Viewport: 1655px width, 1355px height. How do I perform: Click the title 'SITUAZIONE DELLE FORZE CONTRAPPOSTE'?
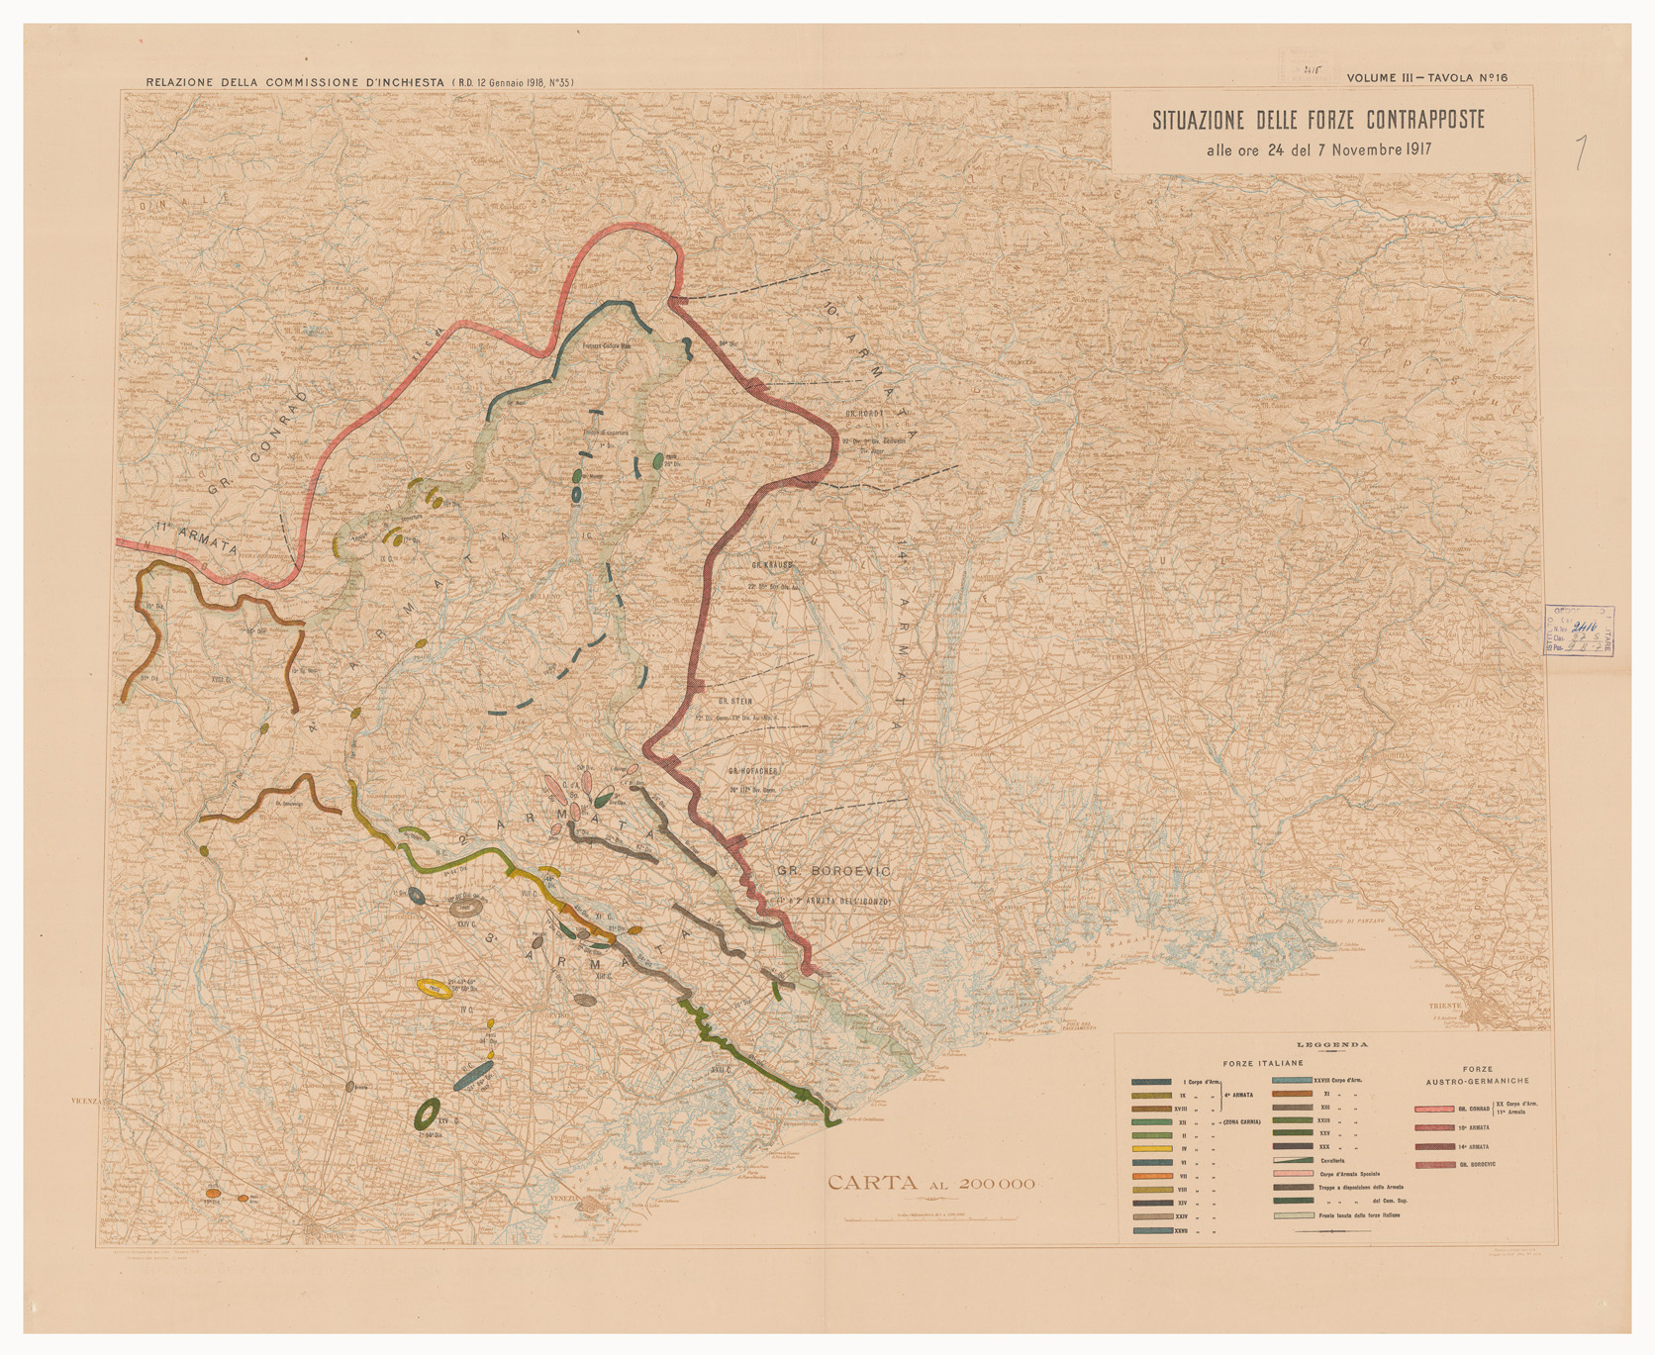point(1317,120)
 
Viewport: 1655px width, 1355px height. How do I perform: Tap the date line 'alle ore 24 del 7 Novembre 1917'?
point(1317,150)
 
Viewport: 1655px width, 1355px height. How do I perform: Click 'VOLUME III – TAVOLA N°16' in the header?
point(1426,78)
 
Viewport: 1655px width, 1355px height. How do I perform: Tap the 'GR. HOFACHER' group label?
point(755,770)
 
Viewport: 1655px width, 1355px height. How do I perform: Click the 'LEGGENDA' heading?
point(1332,1044)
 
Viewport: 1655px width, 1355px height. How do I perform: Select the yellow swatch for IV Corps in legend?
point(1152,1148)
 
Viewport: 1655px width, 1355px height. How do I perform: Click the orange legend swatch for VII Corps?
point(1152,1176)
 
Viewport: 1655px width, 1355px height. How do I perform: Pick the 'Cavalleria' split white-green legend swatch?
point(1293,1160)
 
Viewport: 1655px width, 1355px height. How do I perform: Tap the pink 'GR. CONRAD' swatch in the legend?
point(1434,1109)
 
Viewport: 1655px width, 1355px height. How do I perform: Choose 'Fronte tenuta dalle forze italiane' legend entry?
point(1359,1215)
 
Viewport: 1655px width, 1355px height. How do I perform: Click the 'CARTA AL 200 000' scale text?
point(930,1183)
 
